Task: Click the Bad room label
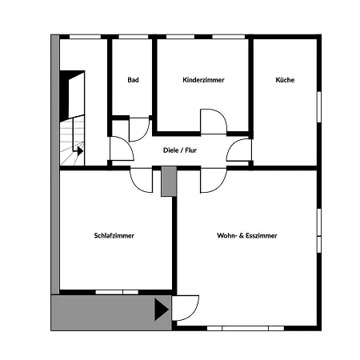pyautogui.click(x=134, y=80)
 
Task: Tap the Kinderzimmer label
pyautogui.click(x=203, y=80)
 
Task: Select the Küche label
pyautogui.click(x=285, y=80)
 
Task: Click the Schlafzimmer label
pyautogui.click(x=114, y=236)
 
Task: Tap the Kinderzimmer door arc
pyautogui.click(x=214, y=122)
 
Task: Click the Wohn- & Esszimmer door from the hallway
pyautogui.click(x=211, y=180)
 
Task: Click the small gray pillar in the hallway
pyautogui.click(x=168, y=181)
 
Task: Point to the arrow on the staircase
pyautogui.click(x=78, y=148)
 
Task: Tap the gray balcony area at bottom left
pyautogui.click(x=104, y=310)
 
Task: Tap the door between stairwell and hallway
pyautogui.click(x=120, y=150)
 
